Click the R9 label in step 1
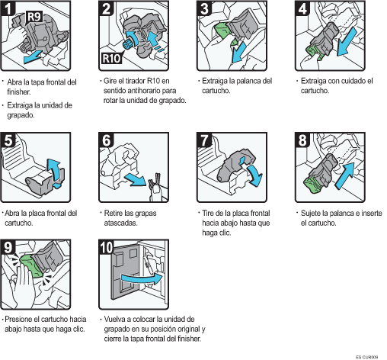click(34, 17)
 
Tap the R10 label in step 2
click(111, 59)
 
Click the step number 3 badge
click(204, 8)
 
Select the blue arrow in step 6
click(136, 179)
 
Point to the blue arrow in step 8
click(344, 176)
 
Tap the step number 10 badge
click(107, 247)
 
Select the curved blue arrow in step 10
click(142, 279)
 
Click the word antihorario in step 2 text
click(144, 91)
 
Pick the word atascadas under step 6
click(120, 223)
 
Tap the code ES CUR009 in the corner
click(366, 357)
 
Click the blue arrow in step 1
click(33, 57)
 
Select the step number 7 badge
click(204, 140)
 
